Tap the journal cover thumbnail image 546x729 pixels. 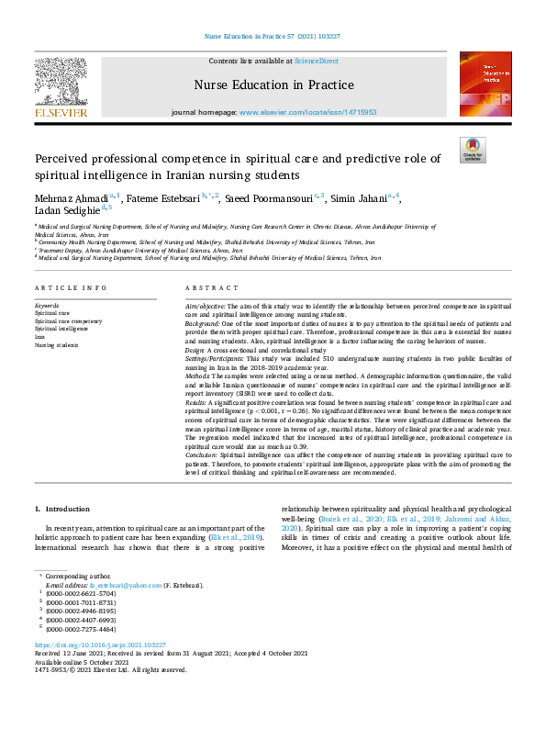(485, 83)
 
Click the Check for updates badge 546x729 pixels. (473, 149)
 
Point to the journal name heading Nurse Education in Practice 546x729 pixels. (273, 85)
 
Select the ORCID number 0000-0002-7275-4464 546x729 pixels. (83, 628)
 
